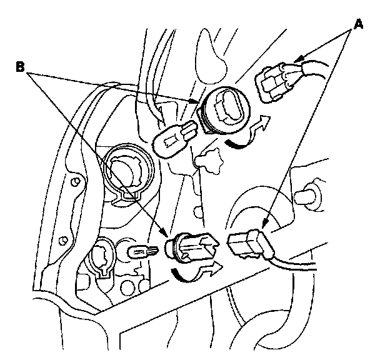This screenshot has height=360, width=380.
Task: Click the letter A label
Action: click(x=358, y=25)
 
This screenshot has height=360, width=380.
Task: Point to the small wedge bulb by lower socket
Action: click(x=142, y=252)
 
